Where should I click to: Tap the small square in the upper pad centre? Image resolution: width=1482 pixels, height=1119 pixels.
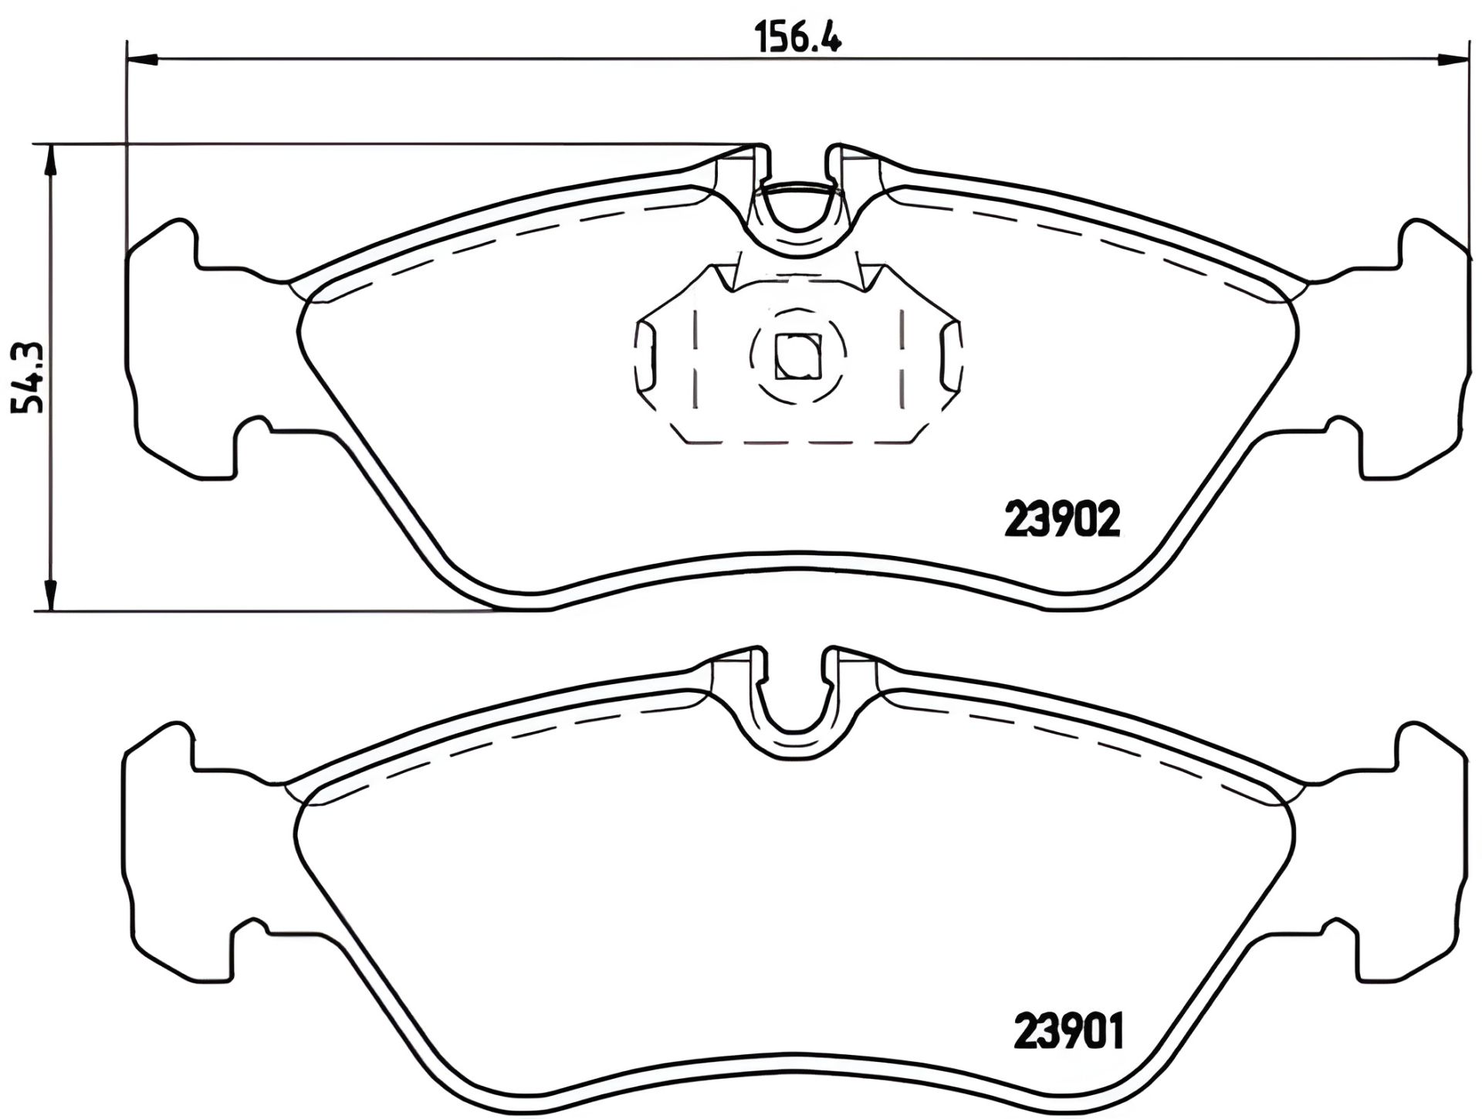797,357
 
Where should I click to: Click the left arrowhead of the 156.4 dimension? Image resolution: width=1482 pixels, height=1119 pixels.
142,59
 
